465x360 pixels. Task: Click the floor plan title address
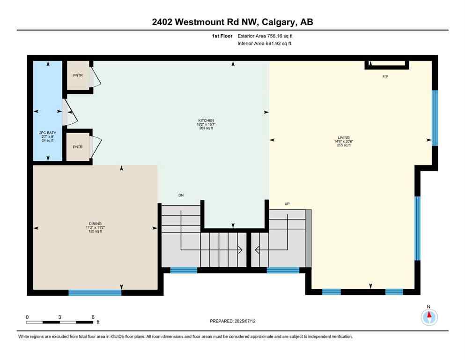(x=232, y=22)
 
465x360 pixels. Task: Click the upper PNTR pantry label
(x=77, y=75)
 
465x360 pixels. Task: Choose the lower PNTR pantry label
(x=77, y=147)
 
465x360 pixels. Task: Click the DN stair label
(x=181, y=195)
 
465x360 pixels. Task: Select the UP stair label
(x=288, y=204)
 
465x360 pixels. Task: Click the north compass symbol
(x=428, y=317)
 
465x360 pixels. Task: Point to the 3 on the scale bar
(x=60, y=317)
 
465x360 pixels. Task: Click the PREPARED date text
(x=232, y=321)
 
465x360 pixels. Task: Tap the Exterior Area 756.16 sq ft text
(x=267, y=36)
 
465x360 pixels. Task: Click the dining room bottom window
(x=95, y=292)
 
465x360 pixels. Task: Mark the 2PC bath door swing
(x=68, y=112)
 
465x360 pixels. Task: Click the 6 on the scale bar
(x=93, y=317)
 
